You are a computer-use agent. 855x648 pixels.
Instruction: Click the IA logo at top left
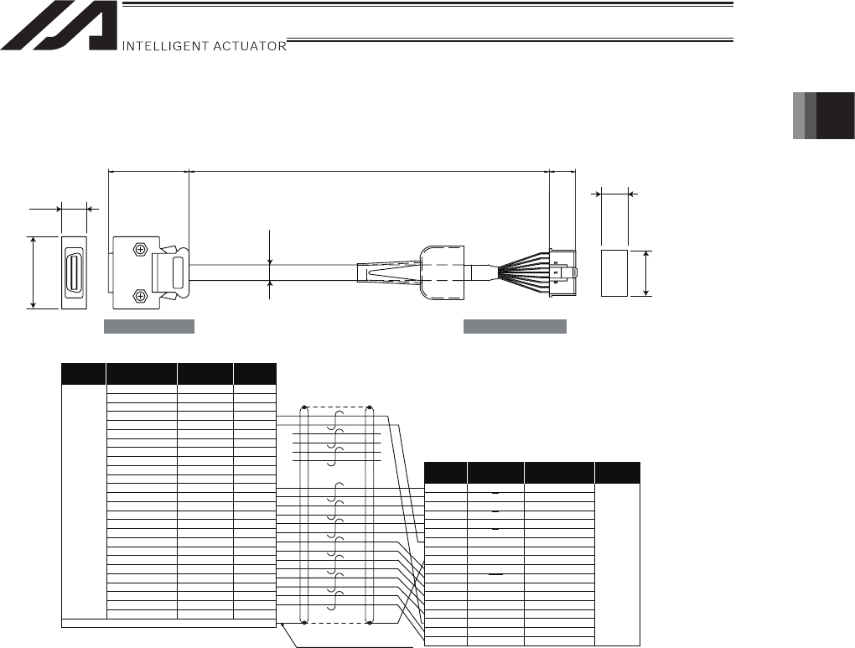[x=59, y=25]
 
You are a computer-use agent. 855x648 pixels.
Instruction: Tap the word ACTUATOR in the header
[x=250, y=46]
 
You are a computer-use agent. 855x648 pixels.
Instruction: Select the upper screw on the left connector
[x=140, y=249]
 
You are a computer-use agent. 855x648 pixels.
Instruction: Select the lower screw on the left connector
[x=140, y=296]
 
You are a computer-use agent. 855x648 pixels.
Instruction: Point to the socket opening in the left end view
[x=74, y=272]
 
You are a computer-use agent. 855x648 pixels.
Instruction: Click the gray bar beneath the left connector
[x=149, y=326]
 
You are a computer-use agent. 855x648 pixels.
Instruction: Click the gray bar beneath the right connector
[x=515, y=326]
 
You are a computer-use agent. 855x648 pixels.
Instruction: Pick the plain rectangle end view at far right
[x=614, y=273]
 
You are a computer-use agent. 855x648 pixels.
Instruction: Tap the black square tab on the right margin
[x=835, y=116]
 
